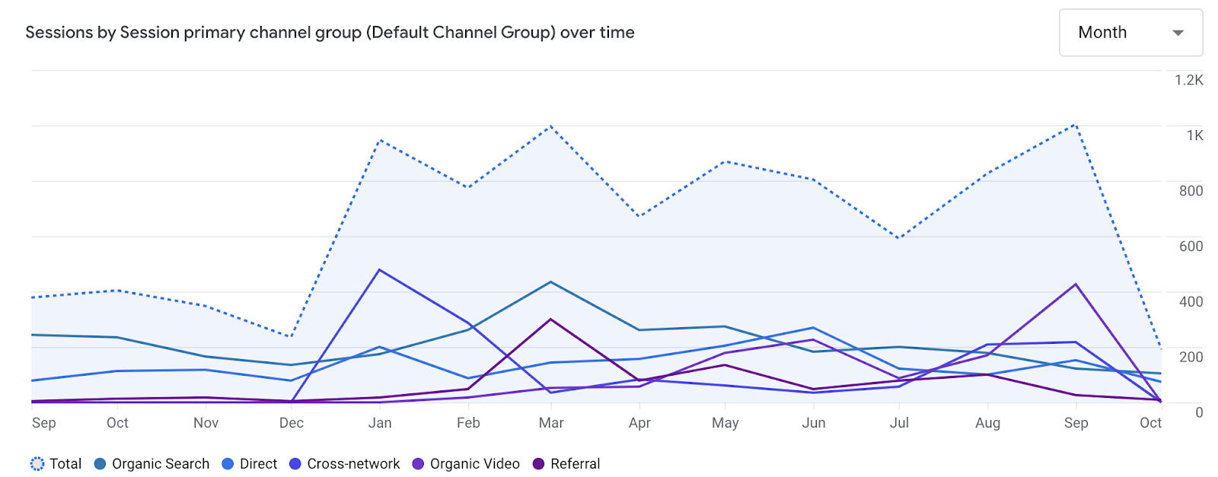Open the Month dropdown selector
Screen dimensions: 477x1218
click(1130, 33)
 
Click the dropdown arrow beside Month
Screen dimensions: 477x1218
click(1178, 33)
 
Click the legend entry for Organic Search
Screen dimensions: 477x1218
click(151, 464)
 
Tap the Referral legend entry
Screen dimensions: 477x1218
click(566, 464)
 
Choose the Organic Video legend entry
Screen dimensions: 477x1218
click(466, 464)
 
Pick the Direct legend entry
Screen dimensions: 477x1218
click(250, 464)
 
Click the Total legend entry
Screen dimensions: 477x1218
click(56, 464)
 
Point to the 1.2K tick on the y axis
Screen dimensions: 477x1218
click(1188, 80)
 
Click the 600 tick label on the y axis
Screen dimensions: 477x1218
click(1191, 246)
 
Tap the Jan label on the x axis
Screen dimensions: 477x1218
click(380, 423)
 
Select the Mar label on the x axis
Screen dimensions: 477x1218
click(551, 423)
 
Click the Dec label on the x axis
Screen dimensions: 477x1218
click(292, 423)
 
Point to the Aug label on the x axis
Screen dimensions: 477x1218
click(987, 423)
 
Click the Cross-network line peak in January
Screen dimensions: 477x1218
click(379, 270)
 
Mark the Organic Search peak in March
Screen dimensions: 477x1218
click(551, 282)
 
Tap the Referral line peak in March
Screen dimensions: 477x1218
click(551, 320)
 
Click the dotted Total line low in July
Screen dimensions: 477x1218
click(899, 238)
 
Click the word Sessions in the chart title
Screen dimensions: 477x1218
click(59, 33)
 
